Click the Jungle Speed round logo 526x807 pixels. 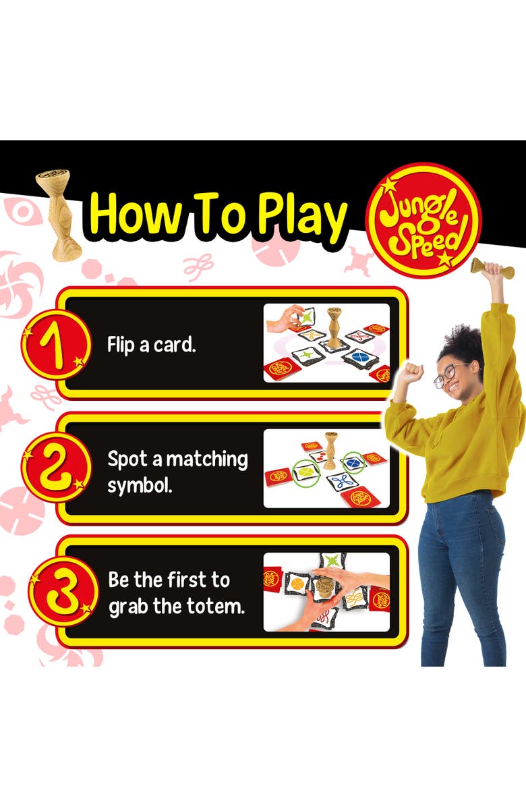[423, 220]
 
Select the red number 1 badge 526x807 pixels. [55, 344]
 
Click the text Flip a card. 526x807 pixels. [151, 344]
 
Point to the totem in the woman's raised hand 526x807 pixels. [492, 268]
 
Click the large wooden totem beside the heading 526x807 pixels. [59, 215]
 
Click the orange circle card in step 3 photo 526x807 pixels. [297, 583]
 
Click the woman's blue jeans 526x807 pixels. [461, 577]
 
